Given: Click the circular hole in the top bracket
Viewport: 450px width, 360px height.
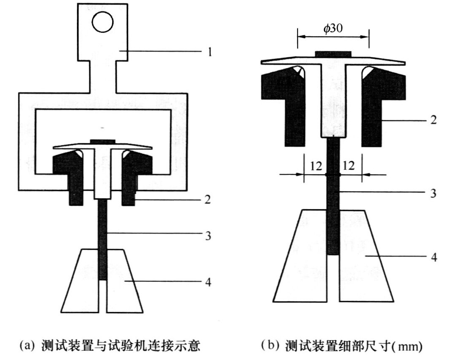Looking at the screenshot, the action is click(x=103, y=22).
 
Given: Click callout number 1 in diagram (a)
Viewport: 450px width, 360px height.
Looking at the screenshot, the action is click(x=210, y=52).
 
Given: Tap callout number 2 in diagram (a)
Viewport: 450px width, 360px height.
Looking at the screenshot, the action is click(x=208, y=199).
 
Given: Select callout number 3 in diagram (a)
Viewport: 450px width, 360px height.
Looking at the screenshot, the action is click(x=208, y=236).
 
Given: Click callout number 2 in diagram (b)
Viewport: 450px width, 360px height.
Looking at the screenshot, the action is click(x=433, y=120).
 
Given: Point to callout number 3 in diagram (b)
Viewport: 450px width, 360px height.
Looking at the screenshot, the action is click(x=433, y=193).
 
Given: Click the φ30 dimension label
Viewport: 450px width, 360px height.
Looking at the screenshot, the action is click(x=333, y=29).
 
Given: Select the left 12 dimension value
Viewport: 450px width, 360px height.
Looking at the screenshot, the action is click(x=316, y=166).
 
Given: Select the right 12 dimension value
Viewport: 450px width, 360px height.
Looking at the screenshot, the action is click(x=349, y=166).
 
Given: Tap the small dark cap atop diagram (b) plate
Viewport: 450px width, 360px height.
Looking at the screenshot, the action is click(x=333, y=54).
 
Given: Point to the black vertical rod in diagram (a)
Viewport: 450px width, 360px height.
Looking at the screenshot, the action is click(x=103, y=239).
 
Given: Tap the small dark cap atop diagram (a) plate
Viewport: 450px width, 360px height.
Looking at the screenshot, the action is click(x=103, y=141).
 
